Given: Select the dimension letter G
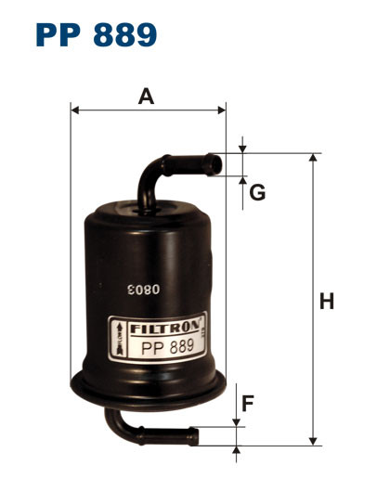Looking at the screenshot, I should tap(258, 193).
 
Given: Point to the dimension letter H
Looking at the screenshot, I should tap(326, 302).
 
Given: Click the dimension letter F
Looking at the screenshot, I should tap(248, 404).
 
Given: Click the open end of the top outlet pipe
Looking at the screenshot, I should tap(220, 164).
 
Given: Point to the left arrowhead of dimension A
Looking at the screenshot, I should tap(75, 110).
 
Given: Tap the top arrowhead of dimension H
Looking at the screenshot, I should tap(313, 159).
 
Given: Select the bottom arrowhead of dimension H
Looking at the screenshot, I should tap(313, 439).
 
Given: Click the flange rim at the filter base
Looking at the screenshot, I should tap(149, 381).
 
